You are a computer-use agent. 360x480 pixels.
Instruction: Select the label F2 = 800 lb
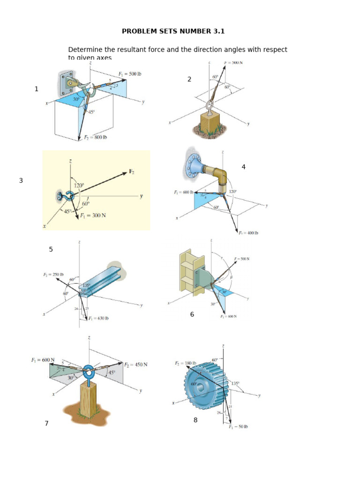[95, 137]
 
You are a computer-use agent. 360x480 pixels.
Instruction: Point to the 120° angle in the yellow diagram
[78, 186]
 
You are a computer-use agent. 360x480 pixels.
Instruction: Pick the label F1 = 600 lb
[183, 192]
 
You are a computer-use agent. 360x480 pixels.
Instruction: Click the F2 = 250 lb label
[54, 275]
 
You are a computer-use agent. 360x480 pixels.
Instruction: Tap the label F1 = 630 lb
[98, 318]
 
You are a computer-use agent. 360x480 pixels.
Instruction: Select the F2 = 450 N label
[135, 364]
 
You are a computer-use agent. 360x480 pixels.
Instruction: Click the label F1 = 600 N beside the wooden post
[43, 360]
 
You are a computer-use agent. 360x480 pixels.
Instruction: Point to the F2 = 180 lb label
[186, 363]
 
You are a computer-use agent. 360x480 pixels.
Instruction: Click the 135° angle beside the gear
[235, 383]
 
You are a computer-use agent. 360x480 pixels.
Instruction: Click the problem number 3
[21, 180]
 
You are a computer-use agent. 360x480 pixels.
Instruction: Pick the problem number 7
[46, 423]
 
